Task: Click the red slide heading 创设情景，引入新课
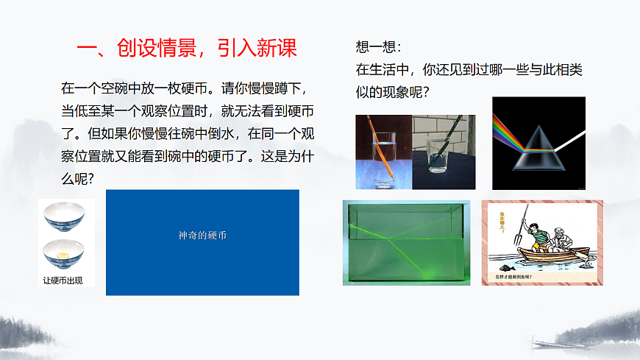187,49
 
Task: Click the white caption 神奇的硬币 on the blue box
202,236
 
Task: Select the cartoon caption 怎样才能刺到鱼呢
525,278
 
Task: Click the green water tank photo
406,242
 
